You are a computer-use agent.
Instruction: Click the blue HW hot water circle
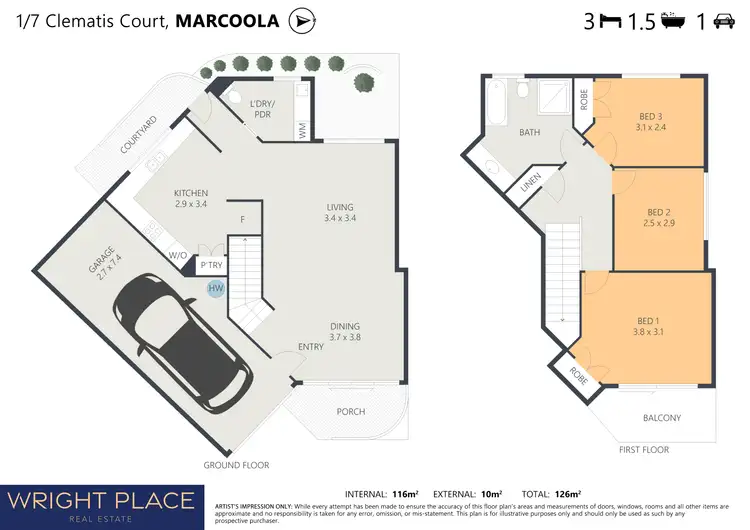pos(215,289)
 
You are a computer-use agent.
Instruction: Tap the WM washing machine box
pos(301,130)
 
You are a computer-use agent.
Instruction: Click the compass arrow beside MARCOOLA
pos(300,20)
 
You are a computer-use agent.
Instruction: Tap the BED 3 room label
pos(650,121)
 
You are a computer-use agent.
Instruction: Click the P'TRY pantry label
pos(211,265)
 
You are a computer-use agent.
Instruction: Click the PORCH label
pos(350,411)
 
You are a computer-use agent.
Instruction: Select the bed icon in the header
pos(611,21)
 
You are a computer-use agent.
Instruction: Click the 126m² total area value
pos(566,494)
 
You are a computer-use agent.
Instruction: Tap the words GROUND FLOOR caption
pos(236,465)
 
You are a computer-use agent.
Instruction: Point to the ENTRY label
pos(310,347)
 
